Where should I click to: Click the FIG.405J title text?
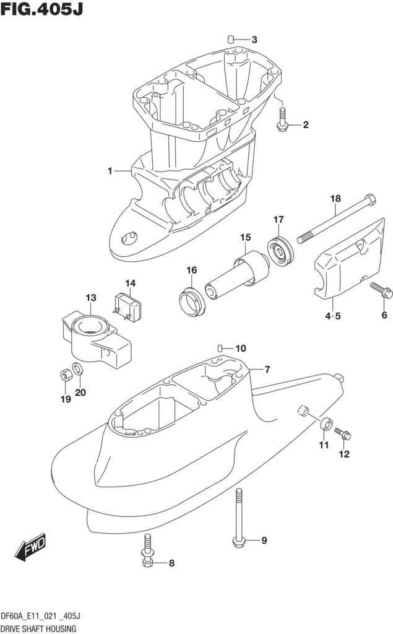[x=42, y=11]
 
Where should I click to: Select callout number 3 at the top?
[x=254, y=40]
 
